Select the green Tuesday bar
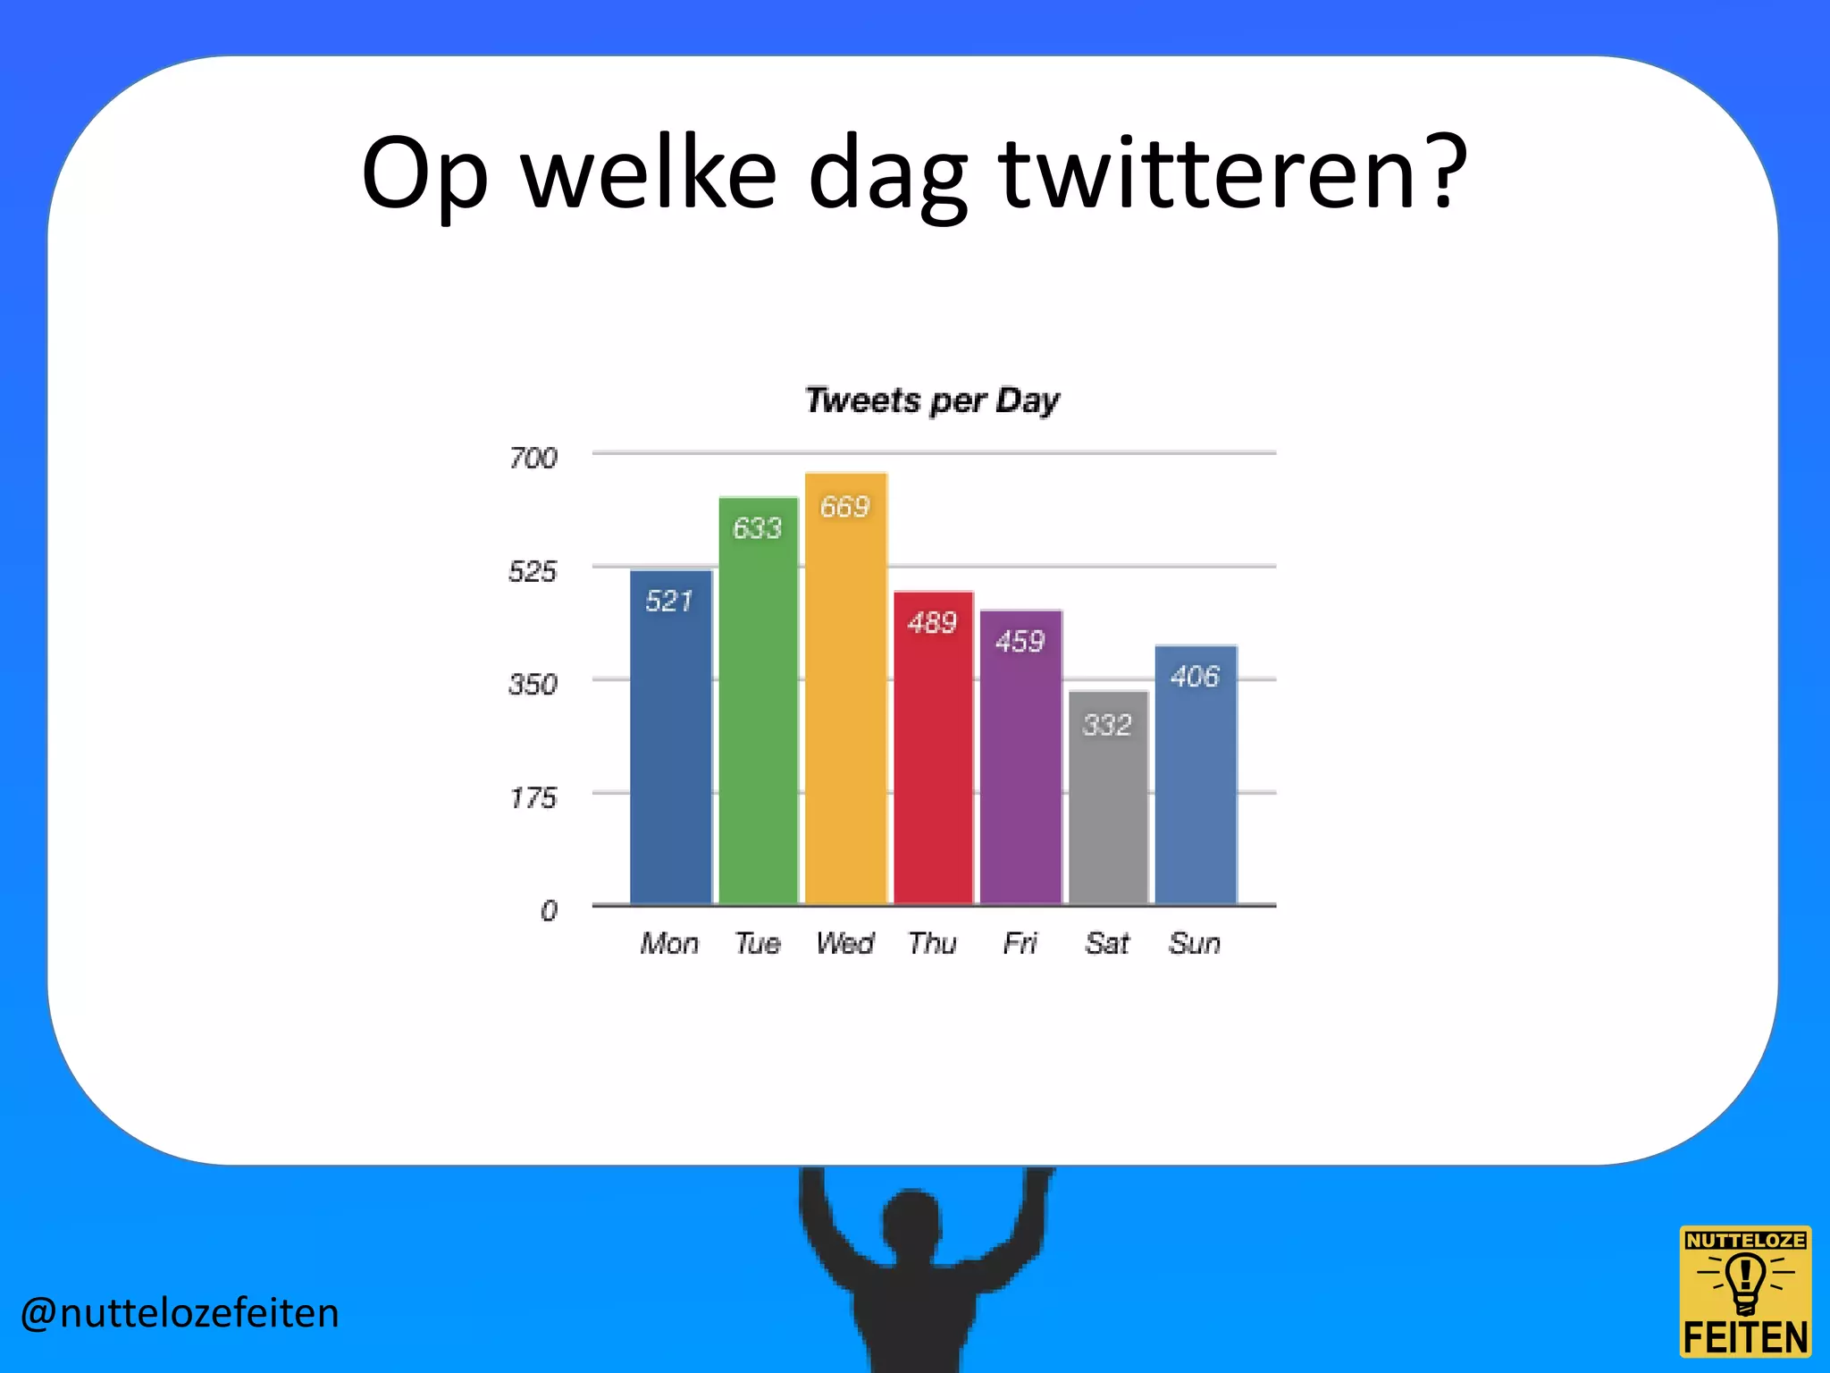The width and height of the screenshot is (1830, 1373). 758,715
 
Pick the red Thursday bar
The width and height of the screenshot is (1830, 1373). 933,760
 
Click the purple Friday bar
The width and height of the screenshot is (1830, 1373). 1020,769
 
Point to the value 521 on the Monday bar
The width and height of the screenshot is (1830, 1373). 669,601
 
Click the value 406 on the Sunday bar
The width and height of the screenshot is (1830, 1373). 1195,677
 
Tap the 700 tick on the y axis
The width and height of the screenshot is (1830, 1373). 533,459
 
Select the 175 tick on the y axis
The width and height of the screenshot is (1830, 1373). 533,797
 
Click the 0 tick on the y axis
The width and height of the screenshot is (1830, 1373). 548,911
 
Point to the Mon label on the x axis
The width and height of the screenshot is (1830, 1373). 669,943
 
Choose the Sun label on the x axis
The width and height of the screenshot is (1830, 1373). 1195,943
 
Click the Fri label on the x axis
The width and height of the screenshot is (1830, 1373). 1020,943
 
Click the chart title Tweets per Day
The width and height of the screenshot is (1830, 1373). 932,400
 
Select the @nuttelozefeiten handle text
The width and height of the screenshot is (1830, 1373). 180,1313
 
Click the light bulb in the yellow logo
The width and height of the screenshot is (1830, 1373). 1744,1281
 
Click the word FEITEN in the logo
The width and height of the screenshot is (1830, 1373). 1745,1338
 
